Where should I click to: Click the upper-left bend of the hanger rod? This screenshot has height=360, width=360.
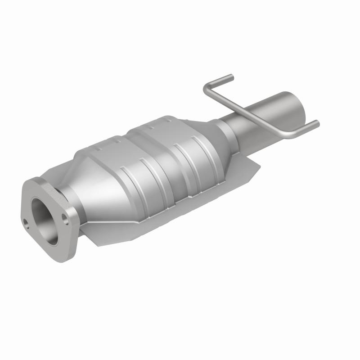(207, 87)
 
